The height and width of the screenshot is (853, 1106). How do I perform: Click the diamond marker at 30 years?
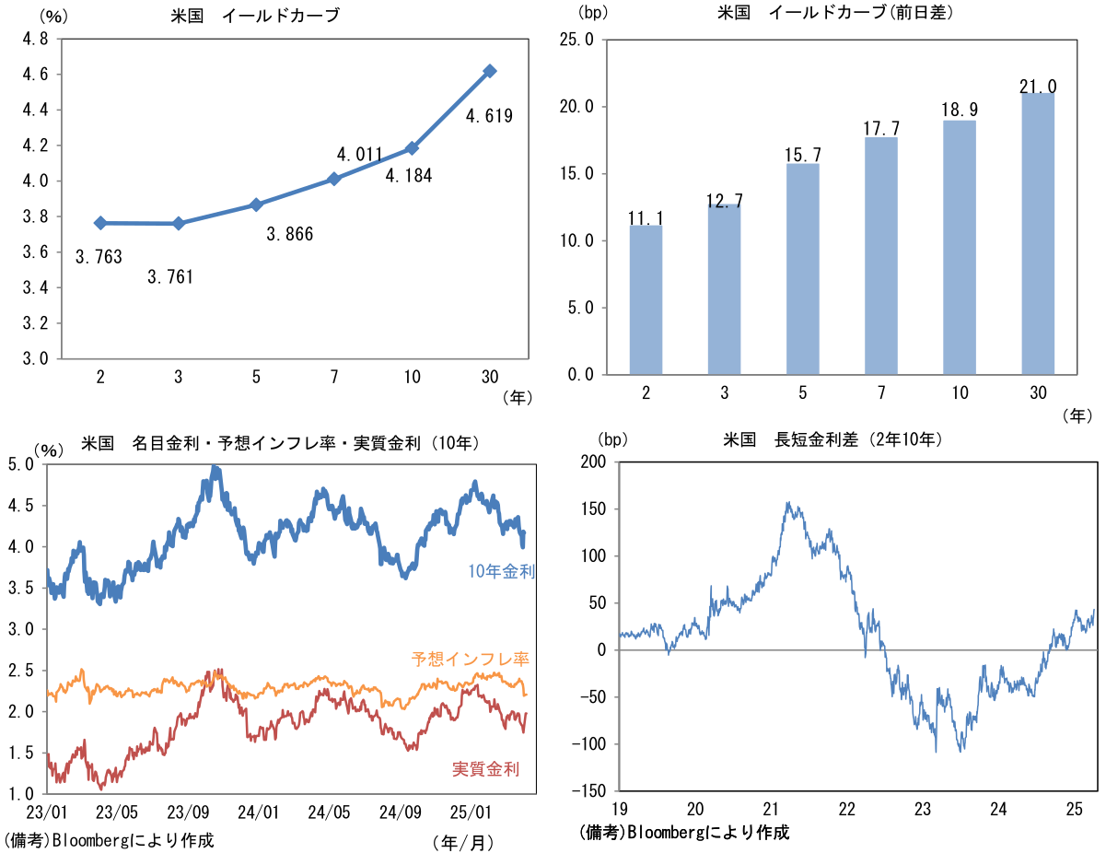(490, 71)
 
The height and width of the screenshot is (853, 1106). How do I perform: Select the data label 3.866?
(289, 234)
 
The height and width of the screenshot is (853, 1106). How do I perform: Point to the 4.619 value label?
(489, 116)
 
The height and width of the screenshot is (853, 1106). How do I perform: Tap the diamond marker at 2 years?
(100, 223)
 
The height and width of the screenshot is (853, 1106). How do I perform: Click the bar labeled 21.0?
(1038, 234)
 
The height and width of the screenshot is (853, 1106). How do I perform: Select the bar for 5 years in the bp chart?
(803, 269)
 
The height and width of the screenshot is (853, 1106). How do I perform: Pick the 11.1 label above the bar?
(646, 218)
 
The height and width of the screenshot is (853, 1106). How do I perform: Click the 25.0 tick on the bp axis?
(576, 40)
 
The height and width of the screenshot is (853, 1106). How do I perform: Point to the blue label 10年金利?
(501, 571)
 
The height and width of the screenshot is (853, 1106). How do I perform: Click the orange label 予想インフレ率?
(471, 659)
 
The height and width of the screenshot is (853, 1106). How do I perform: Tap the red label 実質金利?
(485, 768)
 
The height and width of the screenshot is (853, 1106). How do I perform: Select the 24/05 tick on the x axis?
(329, 812)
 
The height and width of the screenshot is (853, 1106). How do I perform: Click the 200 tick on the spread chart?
(593, 462)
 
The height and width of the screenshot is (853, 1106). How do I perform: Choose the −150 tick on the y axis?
(588, 790)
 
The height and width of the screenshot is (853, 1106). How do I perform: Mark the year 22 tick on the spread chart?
(846, 809)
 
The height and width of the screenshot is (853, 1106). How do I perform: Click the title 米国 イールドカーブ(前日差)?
(835, 13)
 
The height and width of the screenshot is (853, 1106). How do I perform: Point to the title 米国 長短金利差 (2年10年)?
(832, 439)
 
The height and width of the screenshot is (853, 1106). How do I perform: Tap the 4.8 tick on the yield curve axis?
(35, 39)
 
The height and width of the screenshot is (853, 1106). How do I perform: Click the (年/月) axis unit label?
(463, 843)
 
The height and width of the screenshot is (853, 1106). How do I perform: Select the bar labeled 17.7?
(881, 256)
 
